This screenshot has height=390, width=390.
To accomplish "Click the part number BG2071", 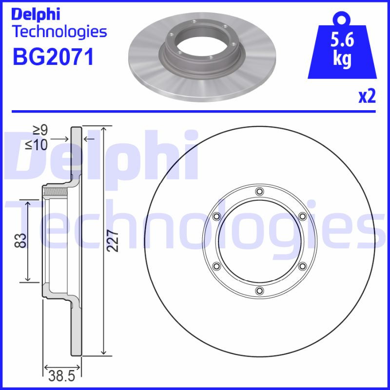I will [52, 57].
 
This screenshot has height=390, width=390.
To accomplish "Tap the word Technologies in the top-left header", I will [59, 32].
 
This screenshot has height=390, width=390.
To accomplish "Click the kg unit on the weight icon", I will [342, 59].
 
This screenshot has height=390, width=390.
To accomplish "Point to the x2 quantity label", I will [368, 97].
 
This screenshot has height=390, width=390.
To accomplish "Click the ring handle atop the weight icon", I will [342, 19].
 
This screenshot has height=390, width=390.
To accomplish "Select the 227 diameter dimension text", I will [113, 240].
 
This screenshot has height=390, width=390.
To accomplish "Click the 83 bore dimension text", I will [19, 240].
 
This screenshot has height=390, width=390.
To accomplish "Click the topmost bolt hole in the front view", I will [259, 191].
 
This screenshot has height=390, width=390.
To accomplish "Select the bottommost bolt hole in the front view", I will [259, 292].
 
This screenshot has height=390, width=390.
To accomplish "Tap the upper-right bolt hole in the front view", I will [302, 216].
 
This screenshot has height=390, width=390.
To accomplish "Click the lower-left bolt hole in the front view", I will [216, 266].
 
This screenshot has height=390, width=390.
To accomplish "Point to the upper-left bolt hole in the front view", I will [216, 216].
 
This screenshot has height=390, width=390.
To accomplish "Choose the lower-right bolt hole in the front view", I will [302, 266].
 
